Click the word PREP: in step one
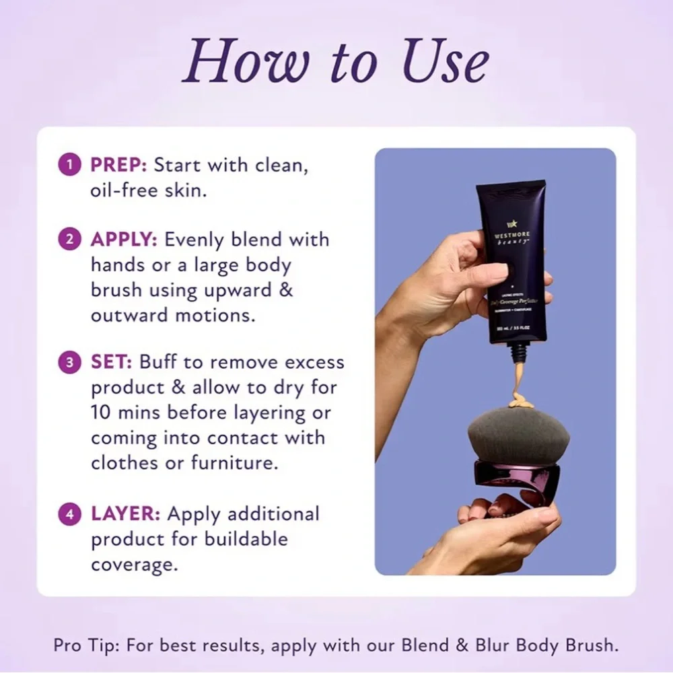tap(119, 166)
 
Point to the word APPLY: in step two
tap(125, 240)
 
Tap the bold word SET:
tap(112, 363)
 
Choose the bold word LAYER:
tap(126, 515)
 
